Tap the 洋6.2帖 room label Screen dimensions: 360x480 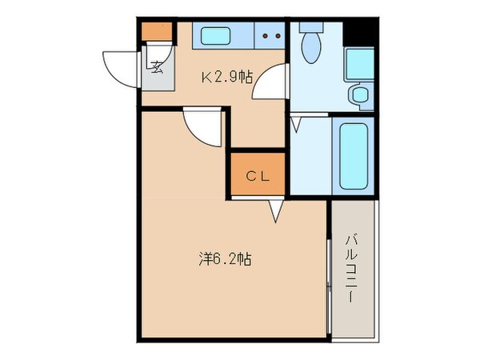(x=226, y=259)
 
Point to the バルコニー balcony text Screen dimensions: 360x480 (x=351, y=268)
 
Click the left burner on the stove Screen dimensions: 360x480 (x=266, y=35)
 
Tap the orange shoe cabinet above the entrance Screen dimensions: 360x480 (x=157, y=32)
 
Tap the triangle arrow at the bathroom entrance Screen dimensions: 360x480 (x=295, y=124)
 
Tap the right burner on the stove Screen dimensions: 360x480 (x=278, y=35)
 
